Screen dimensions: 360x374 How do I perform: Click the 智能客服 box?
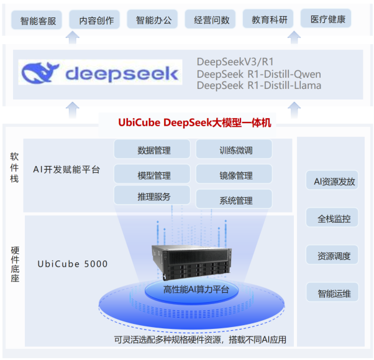pyautogui.click(x=38, y=21)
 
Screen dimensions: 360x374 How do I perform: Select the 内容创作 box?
pyautogui.click(x=96, y=21)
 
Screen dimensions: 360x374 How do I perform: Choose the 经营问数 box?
pyautogui.click(x=211, y=20)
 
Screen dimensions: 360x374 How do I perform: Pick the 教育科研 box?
pyautogui.click(x=268, y=20)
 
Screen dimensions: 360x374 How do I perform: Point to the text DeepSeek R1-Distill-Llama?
pyautogui.click(x=258, y=85)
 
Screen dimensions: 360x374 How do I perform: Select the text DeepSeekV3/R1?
pyautogui.click(x=235, y=62)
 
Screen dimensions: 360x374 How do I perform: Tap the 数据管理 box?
pyautogui.click(x=152, y=150)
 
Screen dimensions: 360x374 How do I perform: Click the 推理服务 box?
pyautogui.click(x=152, y=196)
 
